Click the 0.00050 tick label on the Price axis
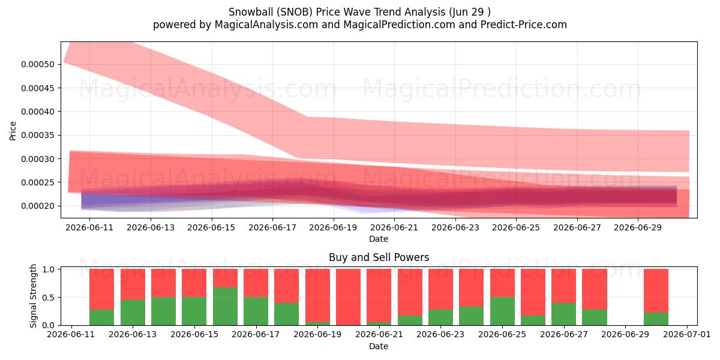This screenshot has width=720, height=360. [38, 64]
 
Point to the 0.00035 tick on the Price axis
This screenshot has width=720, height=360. [38, 135]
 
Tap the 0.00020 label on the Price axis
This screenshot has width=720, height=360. [38, 206]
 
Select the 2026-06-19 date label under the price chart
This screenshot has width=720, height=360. [333, 227]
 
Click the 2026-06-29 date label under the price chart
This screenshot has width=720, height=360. [638, 227]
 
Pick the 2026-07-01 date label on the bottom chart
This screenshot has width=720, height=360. [687, 335]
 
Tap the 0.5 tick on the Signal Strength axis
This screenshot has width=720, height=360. [48, 298]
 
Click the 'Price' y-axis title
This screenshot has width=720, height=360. [13, 131]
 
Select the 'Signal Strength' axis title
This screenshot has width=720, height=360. [33, 296]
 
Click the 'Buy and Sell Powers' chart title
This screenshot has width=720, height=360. [379, 257]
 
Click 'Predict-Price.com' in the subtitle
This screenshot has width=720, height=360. [524, 25]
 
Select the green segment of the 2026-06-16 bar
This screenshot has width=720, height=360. [226, 307]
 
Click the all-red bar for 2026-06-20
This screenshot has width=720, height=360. [349, 297]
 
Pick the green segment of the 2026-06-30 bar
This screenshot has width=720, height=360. [656, 319]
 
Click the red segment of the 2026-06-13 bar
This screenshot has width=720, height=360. [133, 284]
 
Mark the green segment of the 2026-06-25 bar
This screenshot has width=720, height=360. [502, 311]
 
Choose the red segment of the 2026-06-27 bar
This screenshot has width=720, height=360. [564, 286]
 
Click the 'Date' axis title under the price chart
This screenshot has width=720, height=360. [379, 239]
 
